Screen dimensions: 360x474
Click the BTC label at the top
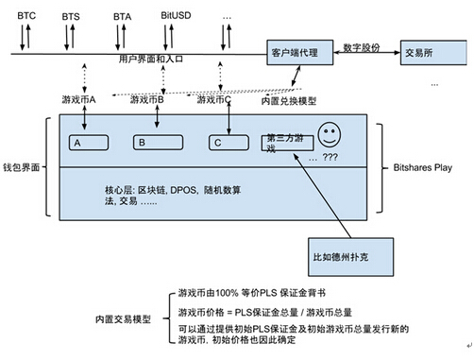26,16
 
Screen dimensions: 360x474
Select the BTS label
71,17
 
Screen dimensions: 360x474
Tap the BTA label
122,17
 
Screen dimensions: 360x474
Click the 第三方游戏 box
288,143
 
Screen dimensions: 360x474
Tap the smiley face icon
330,132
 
